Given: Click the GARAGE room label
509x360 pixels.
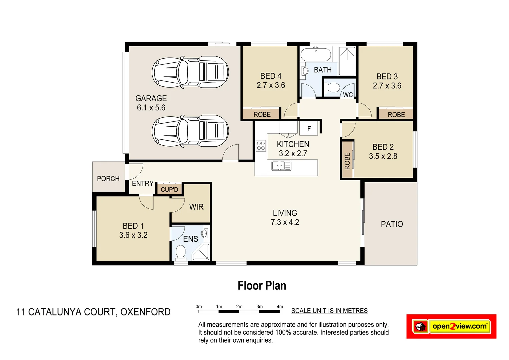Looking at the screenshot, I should pos(151,99).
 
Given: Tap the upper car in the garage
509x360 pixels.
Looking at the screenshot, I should pos(190,72).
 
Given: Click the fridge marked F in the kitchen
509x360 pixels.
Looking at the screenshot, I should pos(309,129).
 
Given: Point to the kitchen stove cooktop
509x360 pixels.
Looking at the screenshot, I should pos(261,146).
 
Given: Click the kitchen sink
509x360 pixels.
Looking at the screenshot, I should pos(281,166).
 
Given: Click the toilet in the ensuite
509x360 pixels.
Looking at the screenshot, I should pos(180,252).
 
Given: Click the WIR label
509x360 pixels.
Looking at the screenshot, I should pos(196,207).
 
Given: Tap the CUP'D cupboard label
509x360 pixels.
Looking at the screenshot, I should pos(169,190).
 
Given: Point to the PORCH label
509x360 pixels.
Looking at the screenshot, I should pos(108,179).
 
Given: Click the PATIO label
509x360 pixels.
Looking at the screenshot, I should pos(392,224).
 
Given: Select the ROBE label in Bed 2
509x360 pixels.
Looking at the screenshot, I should pos(347,161).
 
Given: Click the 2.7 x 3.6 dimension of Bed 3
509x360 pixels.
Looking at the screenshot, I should pos(387,86).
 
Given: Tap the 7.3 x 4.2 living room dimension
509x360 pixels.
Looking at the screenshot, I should pos(285,222).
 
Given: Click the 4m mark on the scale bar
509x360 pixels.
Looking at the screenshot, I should pos(280,307).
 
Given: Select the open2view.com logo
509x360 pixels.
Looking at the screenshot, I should pos(451,326).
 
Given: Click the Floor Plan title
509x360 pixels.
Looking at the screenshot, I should pos(262,286).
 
